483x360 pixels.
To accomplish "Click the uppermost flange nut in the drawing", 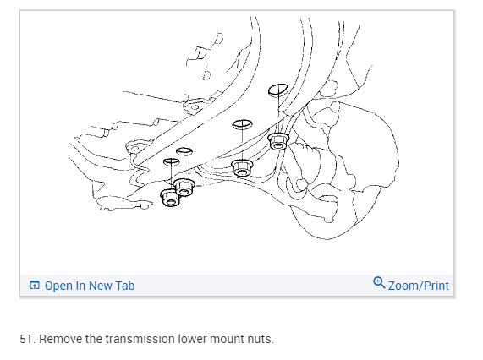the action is [x=278, y=141].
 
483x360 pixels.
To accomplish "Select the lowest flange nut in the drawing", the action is [x=169, y=198].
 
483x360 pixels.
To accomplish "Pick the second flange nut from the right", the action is [x=242, y=168].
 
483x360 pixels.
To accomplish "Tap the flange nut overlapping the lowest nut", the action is [x=184, y=187].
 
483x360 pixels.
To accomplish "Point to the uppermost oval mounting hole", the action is [x=278, y=90].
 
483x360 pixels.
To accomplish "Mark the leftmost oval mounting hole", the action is [x=171, y=162].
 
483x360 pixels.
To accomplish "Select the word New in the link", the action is [x=99, y=286].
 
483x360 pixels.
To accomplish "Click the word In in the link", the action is [x=80, y=286].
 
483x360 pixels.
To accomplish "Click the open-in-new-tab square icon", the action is [x=34, y=286].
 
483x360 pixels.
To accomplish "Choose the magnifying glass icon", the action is [x=379, y=282].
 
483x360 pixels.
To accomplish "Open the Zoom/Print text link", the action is [x=419, y=286].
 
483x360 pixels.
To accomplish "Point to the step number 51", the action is [x=28, y=339].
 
